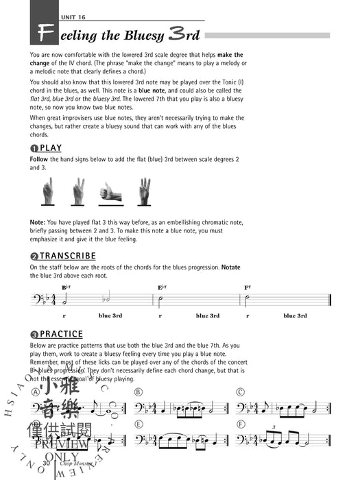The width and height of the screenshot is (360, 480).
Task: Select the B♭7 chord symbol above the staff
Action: click(x=67, y=288)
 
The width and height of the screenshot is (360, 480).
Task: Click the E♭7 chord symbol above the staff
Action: click(x=163, y=288)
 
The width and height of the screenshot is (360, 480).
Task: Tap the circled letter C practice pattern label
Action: click(x=239, y=392)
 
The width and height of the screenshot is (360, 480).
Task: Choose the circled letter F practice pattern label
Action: click(x=239, y=423)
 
